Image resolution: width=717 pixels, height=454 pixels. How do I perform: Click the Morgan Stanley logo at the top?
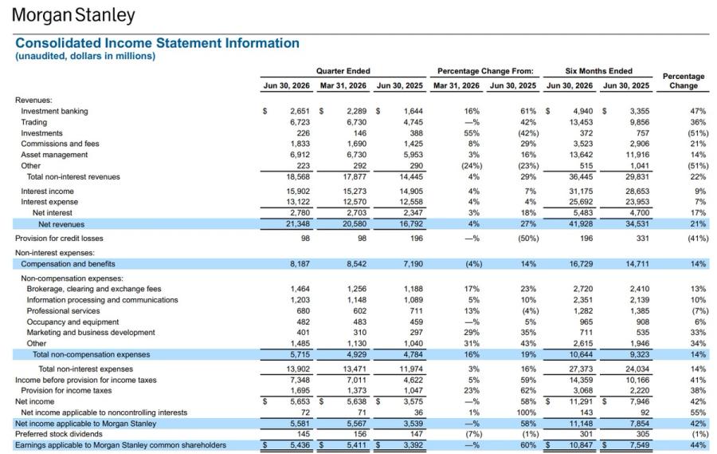[x=73, y=15]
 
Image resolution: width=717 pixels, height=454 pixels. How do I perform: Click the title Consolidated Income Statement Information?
[x=157, y=43]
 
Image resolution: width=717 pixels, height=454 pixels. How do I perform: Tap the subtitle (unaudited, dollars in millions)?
[x=85, y=56]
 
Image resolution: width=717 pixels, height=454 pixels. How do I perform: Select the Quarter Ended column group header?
[x=343, y=71]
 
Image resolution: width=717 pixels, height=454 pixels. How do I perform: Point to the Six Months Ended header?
[x=598, y=71]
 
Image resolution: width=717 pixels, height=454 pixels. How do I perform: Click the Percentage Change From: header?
[x=485, y=71]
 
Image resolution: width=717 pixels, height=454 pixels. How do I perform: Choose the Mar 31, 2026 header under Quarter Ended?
[x=343, y=85]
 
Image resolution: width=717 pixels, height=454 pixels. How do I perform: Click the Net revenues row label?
[x=61, y=224]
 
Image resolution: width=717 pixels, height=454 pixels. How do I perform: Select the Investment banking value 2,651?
[x=300, y=112]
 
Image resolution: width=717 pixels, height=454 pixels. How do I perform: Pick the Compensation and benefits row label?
[x=69, y=264]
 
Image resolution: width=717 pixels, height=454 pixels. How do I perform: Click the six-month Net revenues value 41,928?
[x=581, y=224]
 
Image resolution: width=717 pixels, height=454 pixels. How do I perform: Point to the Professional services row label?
[x=63, y=311]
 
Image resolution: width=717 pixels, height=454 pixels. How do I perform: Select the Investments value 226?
[x=304, y=133]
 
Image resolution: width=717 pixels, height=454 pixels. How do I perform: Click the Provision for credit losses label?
[x=59, y=239]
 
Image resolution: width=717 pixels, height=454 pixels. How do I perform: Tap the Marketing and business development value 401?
[x=304, y=333]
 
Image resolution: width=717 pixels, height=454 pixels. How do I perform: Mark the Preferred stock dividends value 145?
[x=304, y=434]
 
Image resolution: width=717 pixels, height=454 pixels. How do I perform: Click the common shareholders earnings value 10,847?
[x=581, y=445]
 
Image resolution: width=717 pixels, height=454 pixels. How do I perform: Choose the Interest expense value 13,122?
[x=298, y=202]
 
